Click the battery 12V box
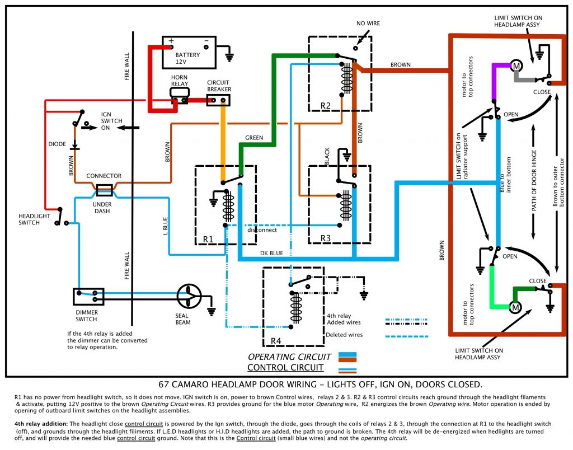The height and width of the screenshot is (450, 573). click(x=189, y=52)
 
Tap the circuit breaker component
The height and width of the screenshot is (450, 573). click(x=219, y=100)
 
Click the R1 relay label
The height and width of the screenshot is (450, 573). click(x=209, y=239)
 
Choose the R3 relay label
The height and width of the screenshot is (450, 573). click(x=326, y=238)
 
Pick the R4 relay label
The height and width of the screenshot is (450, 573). click(x=276, y=341)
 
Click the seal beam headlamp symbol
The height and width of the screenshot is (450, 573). click(x=189, y=296)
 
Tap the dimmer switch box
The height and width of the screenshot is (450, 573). click(x=88, y=295)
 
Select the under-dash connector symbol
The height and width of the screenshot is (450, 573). click(x=105, y=190)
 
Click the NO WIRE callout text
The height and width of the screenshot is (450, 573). click(x=368, y=24)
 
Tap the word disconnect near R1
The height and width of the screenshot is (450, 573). click(x=261, y=230)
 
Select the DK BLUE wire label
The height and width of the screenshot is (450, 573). click(x=272, y=253)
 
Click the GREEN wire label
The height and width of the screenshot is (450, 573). click(x=254, y=138)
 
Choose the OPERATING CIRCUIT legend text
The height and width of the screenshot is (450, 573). click(x=290, y=357)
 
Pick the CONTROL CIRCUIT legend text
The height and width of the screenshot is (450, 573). click(x=285, y=368)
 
